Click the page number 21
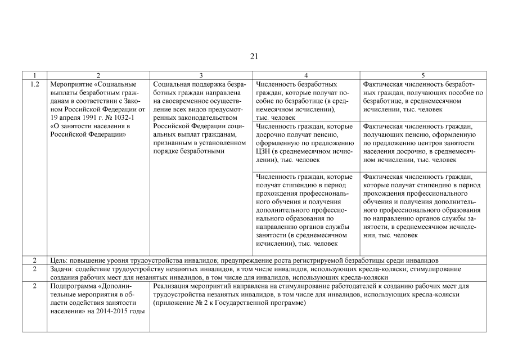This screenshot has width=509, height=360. tap(254, 56)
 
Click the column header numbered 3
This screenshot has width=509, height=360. tap(202, 75)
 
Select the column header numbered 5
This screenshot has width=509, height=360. tap(423, 75)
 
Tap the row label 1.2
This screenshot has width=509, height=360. tap(34, 84)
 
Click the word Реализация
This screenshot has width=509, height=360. tap(172, 286)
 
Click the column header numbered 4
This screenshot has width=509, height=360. tap(306, 75)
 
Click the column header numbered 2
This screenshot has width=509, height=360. tap(98, 75)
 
